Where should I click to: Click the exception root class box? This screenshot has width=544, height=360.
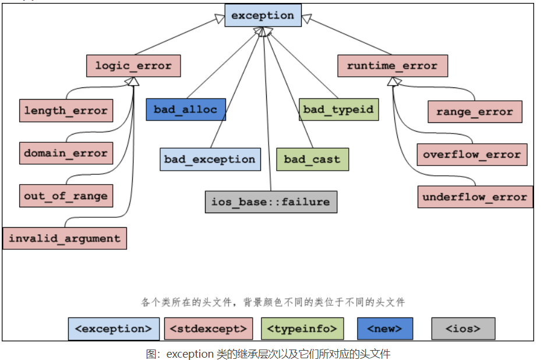click(263, 16)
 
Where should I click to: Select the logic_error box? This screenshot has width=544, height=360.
click(133, 66)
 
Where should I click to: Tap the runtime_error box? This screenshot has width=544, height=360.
click(392, 66)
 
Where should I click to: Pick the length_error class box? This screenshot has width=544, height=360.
click(65, 111)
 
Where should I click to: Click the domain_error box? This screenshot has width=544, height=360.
click(66, 154)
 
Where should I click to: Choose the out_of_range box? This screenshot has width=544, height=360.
click(66, 196)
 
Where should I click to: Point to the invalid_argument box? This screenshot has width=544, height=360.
click(65, 238)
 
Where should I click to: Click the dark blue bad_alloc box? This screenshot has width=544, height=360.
click(185, 110)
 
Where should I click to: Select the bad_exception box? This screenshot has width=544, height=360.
click(210, 159)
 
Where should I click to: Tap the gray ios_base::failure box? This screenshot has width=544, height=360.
click(271, 202)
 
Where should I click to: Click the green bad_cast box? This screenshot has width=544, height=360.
click(312, 159)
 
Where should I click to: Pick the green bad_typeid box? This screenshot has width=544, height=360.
click(338, 110)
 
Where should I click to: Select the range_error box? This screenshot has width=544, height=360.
click(475, 112)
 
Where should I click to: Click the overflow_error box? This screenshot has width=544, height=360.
click(472, 154)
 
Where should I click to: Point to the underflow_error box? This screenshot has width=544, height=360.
click(475, 197)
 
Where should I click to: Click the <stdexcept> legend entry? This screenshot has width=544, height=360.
click(209, 329)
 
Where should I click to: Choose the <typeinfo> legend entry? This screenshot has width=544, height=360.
click(302, 329)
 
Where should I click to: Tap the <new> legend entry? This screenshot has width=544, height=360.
click(385, 329)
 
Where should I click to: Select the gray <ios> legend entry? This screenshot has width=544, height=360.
click(463, 329)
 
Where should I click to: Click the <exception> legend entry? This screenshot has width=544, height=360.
click(114, 329)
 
